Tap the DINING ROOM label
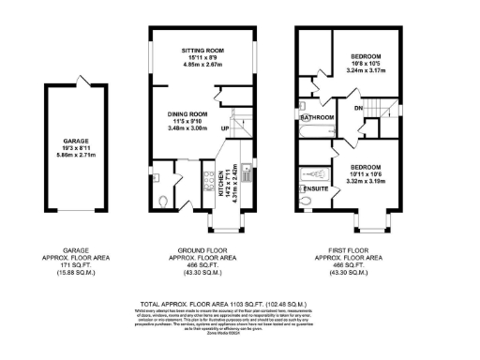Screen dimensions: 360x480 (187, 113)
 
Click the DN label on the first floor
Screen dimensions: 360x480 (358, 109)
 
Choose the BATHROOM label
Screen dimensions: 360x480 (318, 118)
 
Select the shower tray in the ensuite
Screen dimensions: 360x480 (310, 175)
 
